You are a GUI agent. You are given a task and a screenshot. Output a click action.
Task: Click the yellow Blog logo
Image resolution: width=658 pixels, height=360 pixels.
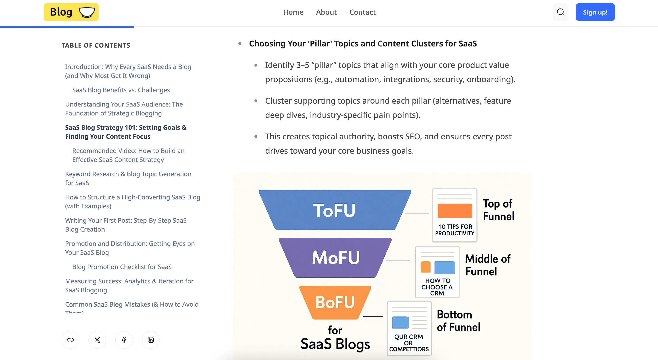[71, 12]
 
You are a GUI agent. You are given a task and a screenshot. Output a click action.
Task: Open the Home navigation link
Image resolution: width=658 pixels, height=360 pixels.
[293, 12]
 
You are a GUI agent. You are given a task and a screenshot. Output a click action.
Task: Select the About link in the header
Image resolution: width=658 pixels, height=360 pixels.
[326, 12]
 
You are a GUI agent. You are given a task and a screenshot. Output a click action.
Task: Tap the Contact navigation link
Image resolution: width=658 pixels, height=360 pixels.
[362, 12]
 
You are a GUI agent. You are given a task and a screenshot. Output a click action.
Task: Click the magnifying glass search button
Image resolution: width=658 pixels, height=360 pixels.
[560, 12]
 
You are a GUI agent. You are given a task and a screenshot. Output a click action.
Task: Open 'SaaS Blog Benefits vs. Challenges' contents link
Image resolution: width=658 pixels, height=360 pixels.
[121, 90]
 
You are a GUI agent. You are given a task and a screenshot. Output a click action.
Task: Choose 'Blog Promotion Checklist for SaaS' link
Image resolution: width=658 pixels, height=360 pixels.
[122, 267]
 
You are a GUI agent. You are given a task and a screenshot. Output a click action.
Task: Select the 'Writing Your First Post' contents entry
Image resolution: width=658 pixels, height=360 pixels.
[126, 225]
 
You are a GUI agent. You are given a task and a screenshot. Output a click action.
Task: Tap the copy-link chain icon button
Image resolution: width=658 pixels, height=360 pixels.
[71, 340]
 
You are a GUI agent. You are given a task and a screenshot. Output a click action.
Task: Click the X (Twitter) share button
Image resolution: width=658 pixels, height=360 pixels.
[97, 340]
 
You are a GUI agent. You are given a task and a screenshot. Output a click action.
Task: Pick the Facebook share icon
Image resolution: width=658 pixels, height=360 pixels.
[124, 340]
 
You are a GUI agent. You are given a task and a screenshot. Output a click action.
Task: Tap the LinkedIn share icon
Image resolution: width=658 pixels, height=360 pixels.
[151, 340]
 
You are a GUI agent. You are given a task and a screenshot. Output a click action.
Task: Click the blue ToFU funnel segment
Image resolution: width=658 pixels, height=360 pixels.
[335, 210]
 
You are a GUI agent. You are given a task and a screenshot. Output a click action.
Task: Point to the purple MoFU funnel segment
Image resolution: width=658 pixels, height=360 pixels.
[335, 257]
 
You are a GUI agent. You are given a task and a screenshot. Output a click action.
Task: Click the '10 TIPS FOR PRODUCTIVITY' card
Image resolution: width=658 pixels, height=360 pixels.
[455, 215]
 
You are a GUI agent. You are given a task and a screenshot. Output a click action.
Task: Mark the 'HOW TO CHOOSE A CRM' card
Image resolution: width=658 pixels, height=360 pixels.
[437, 272]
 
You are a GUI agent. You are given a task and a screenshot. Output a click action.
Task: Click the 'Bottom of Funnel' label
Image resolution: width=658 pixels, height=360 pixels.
[458, 321]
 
